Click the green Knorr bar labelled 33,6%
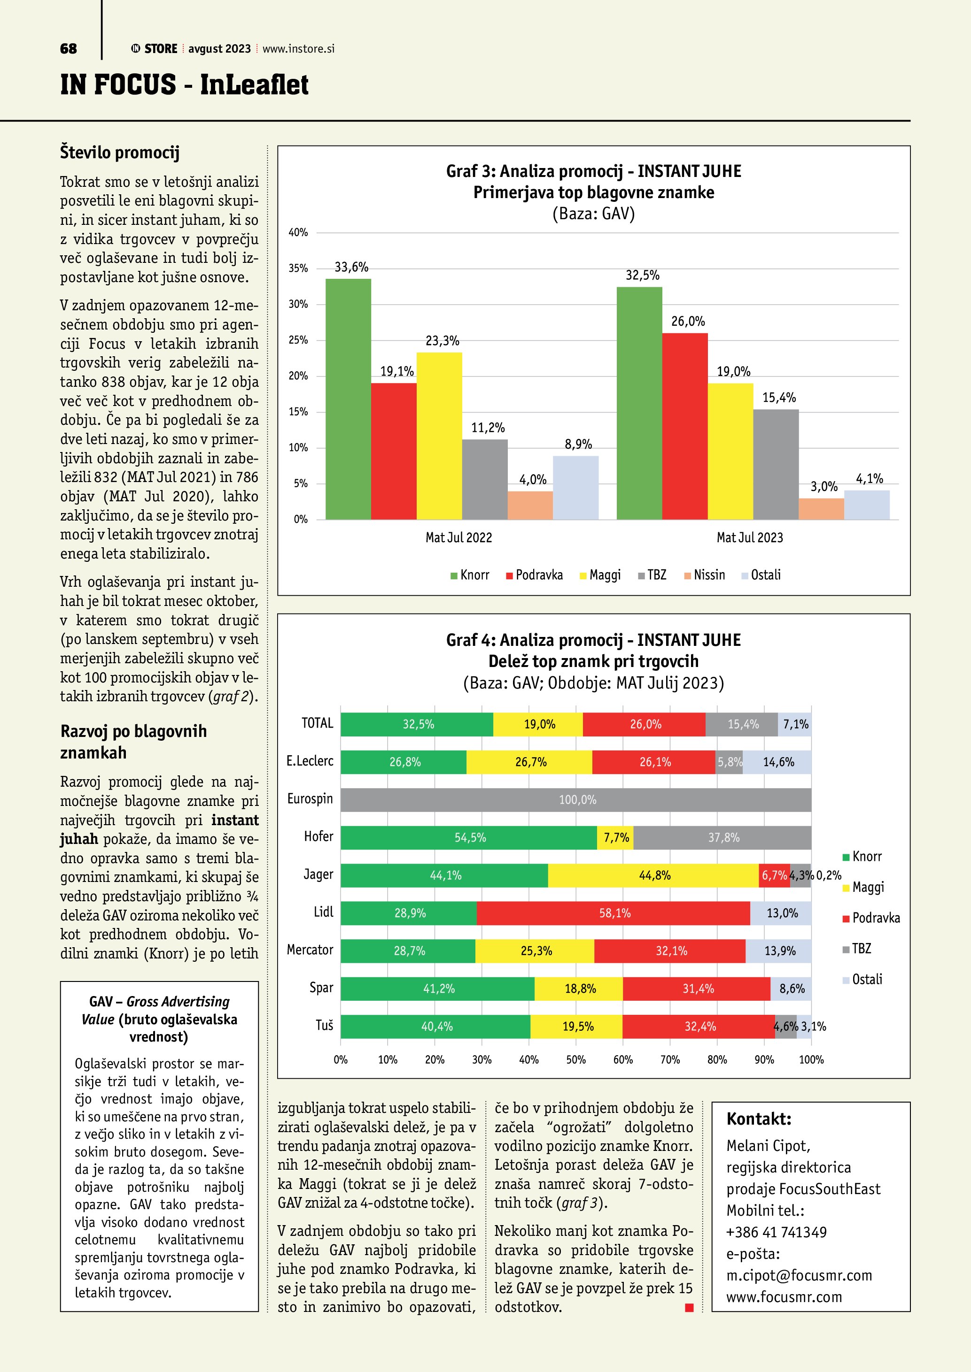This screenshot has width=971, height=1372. (348, 399)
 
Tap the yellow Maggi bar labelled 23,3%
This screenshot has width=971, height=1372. (439, 436)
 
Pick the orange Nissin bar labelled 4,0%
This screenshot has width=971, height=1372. (530, 505)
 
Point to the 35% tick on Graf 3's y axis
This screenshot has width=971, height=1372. (298, 268)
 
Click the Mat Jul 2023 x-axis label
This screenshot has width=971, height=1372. (750, 538)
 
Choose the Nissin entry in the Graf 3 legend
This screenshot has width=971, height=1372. (705, 575)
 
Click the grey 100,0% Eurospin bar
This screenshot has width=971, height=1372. (576, 799)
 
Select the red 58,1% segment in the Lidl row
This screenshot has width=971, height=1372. (614, 913)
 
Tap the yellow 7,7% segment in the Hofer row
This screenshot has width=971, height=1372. (615, 838)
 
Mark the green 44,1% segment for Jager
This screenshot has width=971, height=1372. (444, 875)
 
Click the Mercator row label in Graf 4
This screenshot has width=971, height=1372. (310, 950)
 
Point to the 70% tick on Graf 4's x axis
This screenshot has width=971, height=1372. (670, 1059)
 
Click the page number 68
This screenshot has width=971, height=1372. (69, 49)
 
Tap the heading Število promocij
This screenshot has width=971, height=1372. (120, 153)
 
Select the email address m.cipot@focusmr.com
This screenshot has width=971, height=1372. (799, 1275)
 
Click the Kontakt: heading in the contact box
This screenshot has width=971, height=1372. (759, 1119)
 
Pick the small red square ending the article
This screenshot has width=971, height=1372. (689, 1308)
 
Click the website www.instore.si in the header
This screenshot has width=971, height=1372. (298, 49)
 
